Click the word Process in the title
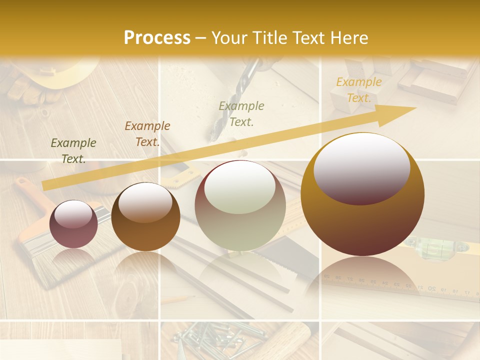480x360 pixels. click(157, 37)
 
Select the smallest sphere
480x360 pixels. click(73, 224)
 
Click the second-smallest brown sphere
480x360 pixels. click(145, 216)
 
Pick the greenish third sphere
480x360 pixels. click(240, 205)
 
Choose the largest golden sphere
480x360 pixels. click(362, 194)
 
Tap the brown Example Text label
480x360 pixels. click(147, 134)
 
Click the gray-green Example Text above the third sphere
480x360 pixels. click(241, 113)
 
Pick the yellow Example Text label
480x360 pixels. click(359, 90)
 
